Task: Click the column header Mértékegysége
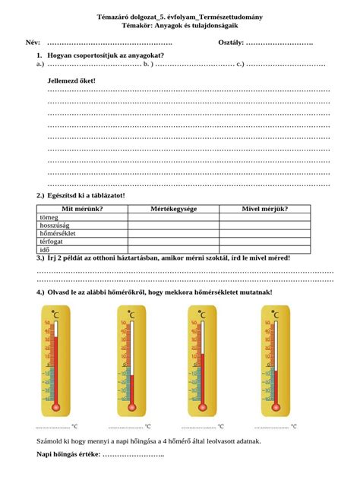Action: point(173,208)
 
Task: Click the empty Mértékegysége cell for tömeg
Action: point(173,216)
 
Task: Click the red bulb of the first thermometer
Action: point(55,406)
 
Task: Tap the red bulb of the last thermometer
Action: point(275,406)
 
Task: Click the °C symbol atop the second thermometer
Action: point(131,314)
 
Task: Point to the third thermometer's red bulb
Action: point(202,406)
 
